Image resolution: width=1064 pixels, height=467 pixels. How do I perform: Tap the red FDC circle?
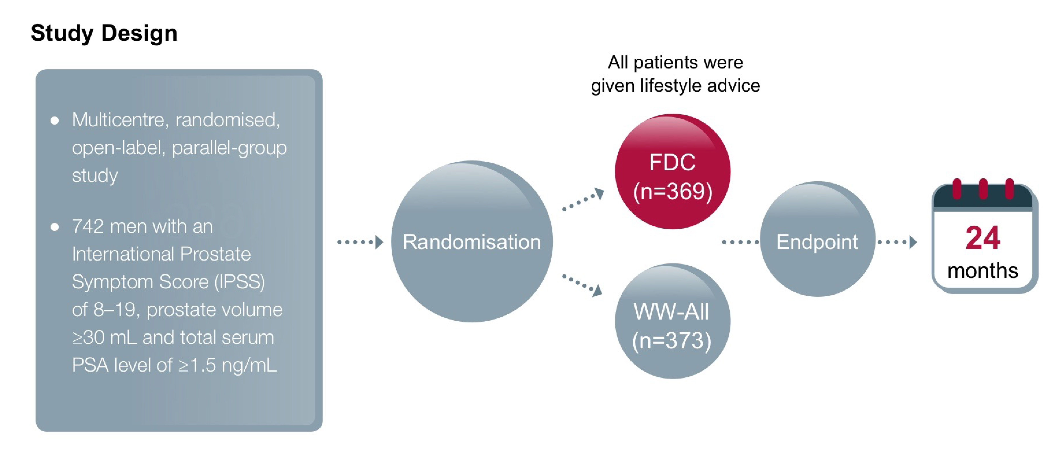(672, 171)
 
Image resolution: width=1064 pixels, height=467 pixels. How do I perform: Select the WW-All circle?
(672, 321)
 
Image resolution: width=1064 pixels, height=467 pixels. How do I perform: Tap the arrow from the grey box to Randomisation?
(360, 242)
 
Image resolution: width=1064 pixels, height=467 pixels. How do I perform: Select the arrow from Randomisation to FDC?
(583, 199)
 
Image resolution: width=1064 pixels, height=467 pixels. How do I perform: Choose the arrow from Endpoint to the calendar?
(897, 242)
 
